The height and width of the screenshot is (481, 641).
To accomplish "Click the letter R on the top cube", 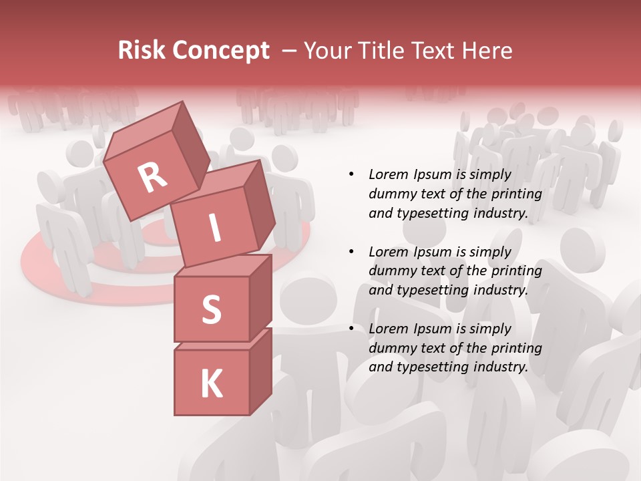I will [152, 178].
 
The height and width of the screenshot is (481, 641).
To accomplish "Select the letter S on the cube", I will [211, 309].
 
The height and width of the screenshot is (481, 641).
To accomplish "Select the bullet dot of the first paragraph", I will [351, 174].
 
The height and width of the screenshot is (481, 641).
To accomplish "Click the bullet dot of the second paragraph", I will [351, 252].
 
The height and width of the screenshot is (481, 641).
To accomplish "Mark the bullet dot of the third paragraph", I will [351, 329].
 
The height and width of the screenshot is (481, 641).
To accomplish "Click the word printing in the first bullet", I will [517, 194].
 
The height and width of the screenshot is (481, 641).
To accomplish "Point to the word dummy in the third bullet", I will [391, 347].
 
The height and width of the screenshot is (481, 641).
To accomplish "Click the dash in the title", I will [289, 51].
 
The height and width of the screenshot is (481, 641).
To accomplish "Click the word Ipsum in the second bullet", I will [435, 252].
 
